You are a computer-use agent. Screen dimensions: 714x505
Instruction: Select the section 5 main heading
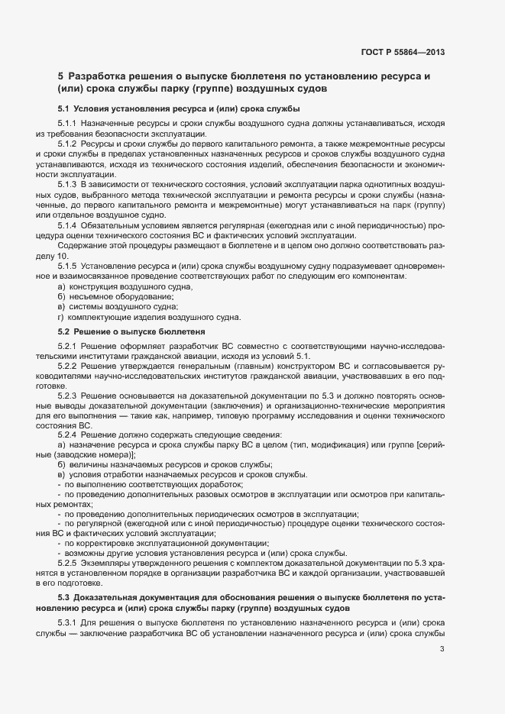click(x=244, y=82)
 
